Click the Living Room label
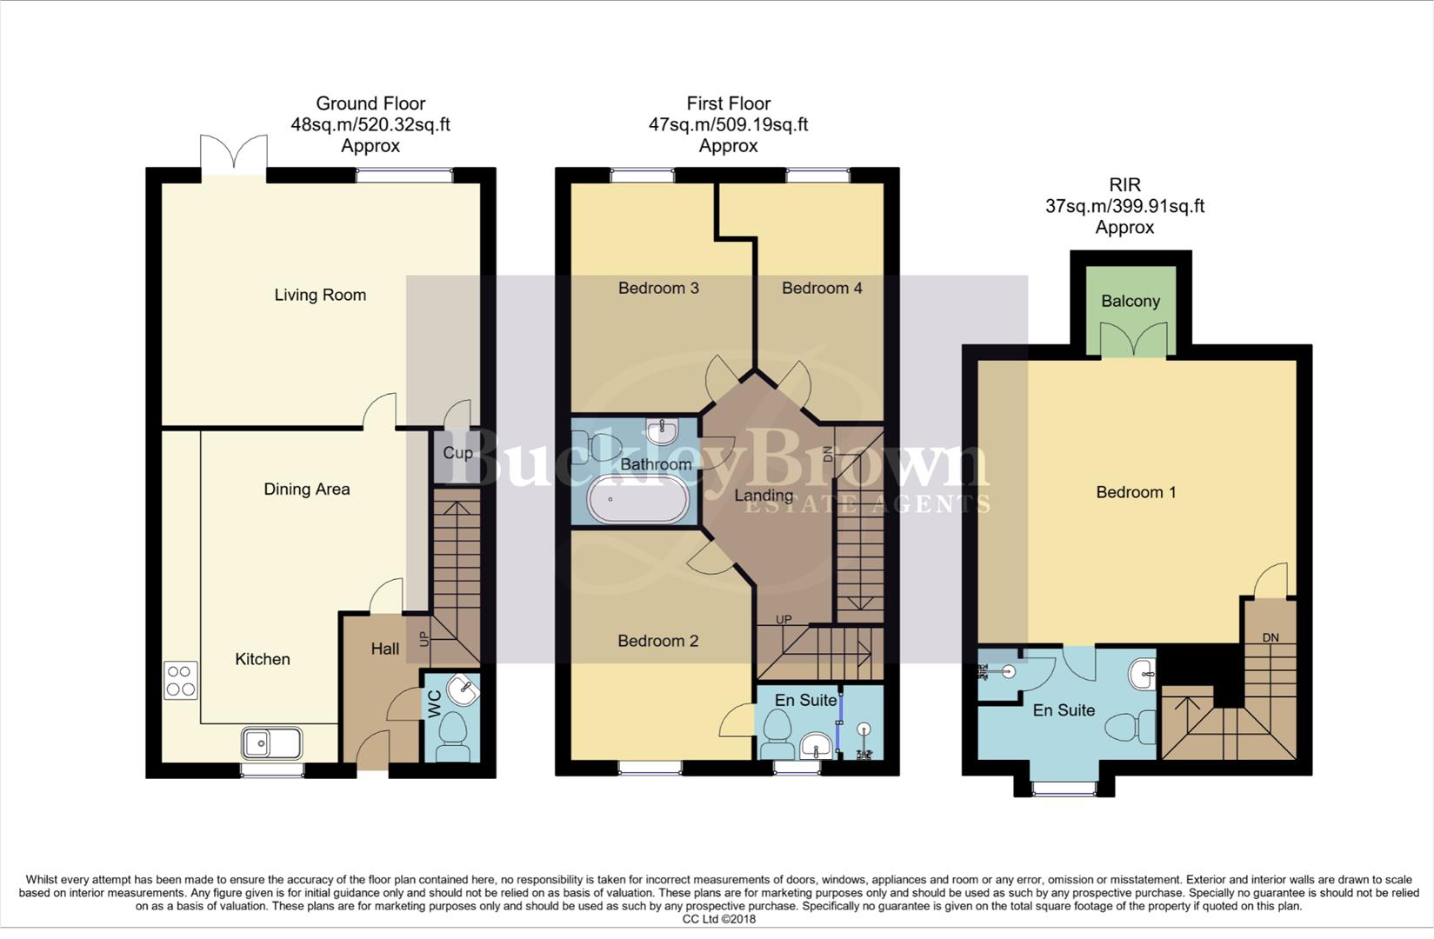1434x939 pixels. (x=320, y=295)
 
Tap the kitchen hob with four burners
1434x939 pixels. (x=180, y=680)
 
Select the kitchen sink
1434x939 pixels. (x=272, y=743)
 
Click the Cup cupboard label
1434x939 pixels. (x=457, y=453)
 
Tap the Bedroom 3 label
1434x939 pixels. (x=658, y=288)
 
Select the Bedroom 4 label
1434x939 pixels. (x=822, y=288)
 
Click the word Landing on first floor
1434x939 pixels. (x=764, y=496)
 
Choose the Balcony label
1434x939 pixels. (x=1130, y=301)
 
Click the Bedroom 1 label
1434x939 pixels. (x=1136, y=492)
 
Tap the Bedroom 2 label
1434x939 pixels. (x=657, y=641)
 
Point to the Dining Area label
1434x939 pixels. (x=306, y=489)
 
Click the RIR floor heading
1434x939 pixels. (x=1124, y=185)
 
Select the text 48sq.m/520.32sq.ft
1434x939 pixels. (x=370, y=124)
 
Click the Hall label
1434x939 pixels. (x=384, y=649)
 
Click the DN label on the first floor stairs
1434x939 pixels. (x=828, y=453)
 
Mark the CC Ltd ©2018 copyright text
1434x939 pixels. (x=718, y=919)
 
